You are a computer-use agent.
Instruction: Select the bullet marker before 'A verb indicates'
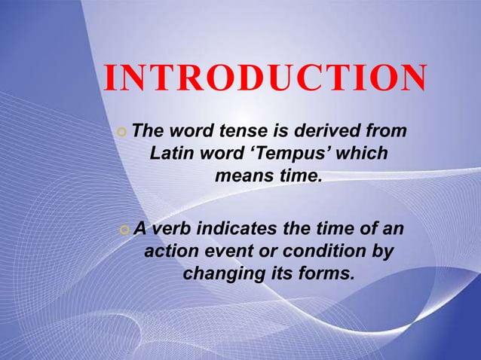tap(124, 228)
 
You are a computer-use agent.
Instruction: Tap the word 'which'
tap(365, 154)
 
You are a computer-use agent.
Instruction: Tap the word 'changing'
tap(219, 273)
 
